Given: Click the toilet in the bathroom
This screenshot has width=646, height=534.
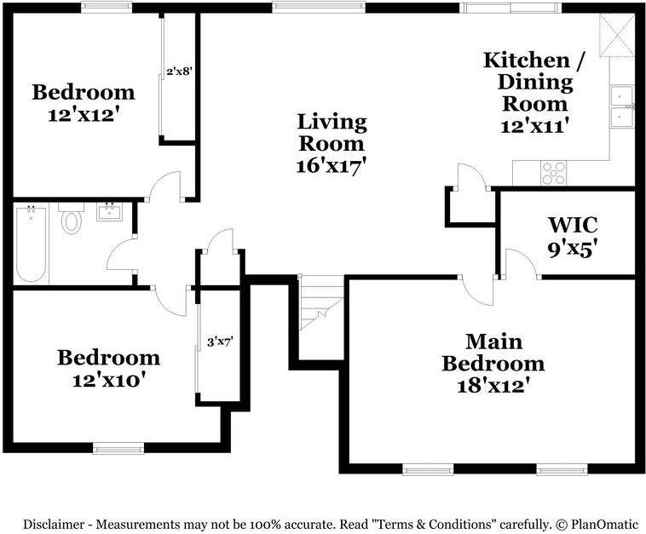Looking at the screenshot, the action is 72,218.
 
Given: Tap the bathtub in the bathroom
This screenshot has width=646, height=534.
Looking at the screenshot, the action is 32,244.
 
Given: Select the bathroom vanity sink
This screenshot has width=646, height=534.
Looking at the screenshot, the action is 109,211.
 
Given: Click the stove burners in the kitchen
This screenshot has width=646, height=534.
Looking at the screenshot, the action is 554,173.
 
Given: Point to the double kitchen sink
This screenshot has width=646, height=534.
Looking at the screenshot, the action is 621,107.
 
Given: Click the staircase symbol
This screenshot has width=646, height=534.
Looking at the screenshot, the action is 321,302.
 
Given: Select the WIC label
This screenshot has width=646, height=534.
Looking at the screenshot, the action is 573,225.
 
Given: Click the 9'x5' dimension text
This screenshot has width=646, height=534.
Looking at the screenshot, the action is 573,249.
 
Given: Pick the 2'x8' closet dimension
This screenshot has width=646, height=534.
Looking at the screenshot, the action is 180,72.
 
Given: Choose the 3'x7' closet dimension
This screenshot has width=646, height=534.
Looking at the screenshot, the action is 221,342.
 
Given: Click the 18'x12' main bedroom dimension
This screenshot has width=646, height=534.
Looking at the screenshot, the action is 493,386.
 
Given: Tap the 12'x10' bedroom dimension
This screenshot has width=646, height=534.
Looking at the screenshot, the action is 109,380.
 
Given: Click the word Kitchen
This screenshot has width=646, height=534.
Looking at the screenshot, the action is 527,60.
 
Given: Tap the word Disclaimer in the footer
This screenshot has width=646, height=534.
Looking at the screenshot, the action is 53,525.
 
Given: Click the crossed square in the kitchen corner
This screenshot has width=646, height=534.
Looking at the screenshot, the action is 617,35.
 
